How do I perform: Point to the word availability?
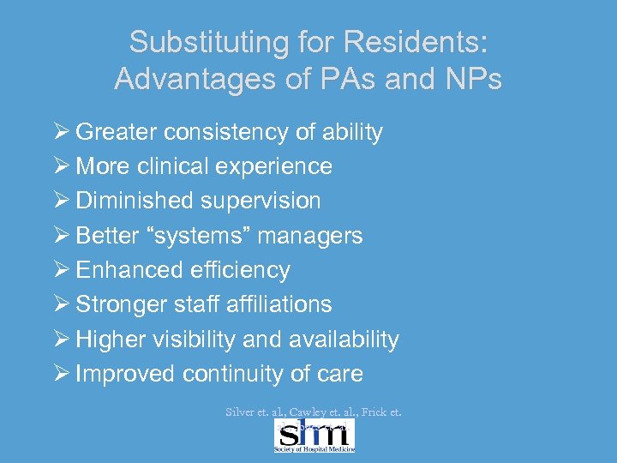[344, 340]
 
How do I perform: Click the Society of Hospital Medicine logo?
[314, 435]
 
